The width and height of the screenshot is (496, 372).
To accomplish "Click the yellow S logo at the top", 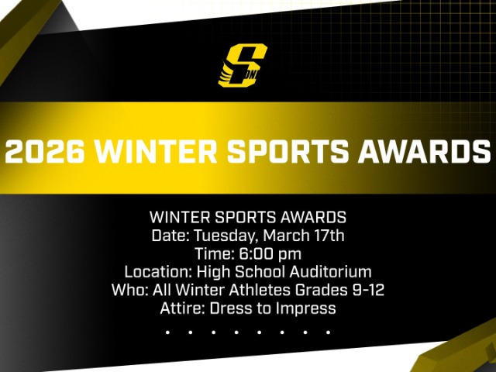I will click(x=243, y=65).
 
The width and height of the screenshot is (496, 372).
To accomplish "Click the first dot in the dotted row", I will click(x=167, y=332).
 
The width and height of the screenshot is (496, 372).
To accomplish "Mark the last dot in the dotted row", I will click(x=329, y=332).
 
